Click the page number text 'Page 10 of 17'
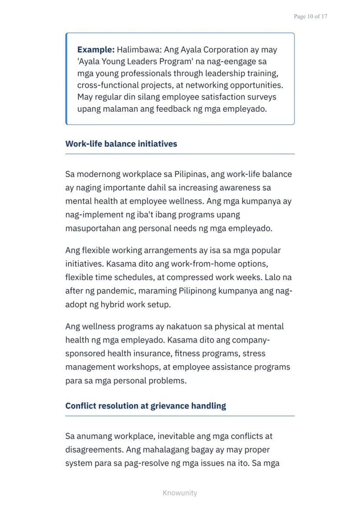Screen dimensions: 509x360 [310, 17]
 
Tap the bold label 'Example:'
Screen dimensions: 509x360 [96, 50]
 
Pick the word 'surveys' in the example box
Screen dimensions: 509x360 [260, 96]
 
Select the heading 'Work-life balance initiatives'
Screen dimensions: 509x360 [121, 144]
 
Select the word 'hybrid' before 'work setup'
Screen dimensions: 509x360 [113, 304]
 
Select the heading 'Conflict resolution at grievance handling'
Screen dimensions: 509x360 [146, 406]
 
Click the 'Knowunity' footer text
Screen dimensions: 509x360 [180, 493]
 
